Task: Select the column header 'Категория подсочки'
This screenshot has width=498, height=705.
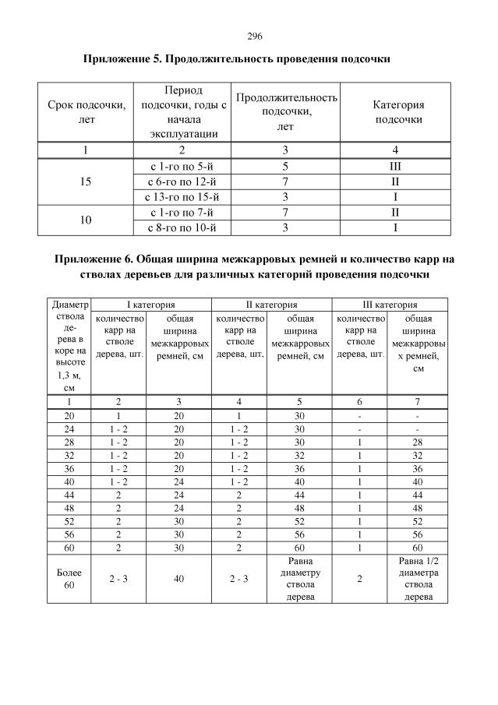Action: tap(399, 112)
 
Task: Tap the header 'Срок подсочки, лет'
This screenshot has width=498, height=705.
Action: tap(86, 112)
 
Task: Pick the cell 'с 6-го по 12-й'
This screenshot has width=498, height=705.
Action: tap(181, 182)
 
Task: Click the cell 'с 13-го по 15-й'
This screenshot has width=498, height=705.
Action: tap(181, 196)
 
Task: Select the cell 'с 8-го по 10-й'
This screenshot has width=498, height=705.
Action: tap(181, 227)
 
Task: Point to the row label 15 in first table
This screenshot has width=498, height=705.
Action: tap(86, 182)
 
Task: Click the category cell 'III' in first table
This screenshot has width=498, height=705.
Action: tap(394, 167)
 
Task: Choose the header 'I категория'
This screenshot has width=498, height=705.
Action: tap(150, 305)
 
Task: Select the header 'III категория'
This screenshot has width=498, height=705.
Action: tap(390, 305)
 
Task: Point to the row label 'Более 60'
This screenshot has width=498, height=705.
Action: tap(69, 579)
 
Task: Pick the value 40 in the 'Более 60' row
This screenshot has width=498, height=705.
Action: tap(178, 579)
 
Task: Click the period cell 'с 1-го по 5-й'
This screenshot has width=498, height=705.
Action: tap(181, 167)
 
